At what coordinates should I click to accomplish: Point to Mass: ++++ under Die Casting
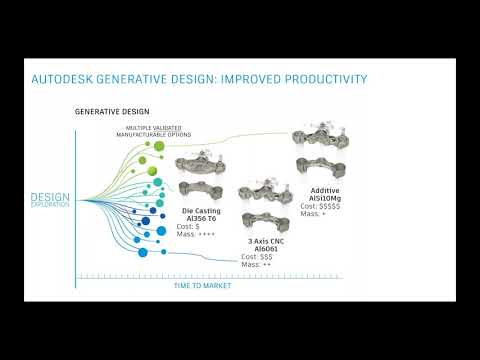pos(198,236)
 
